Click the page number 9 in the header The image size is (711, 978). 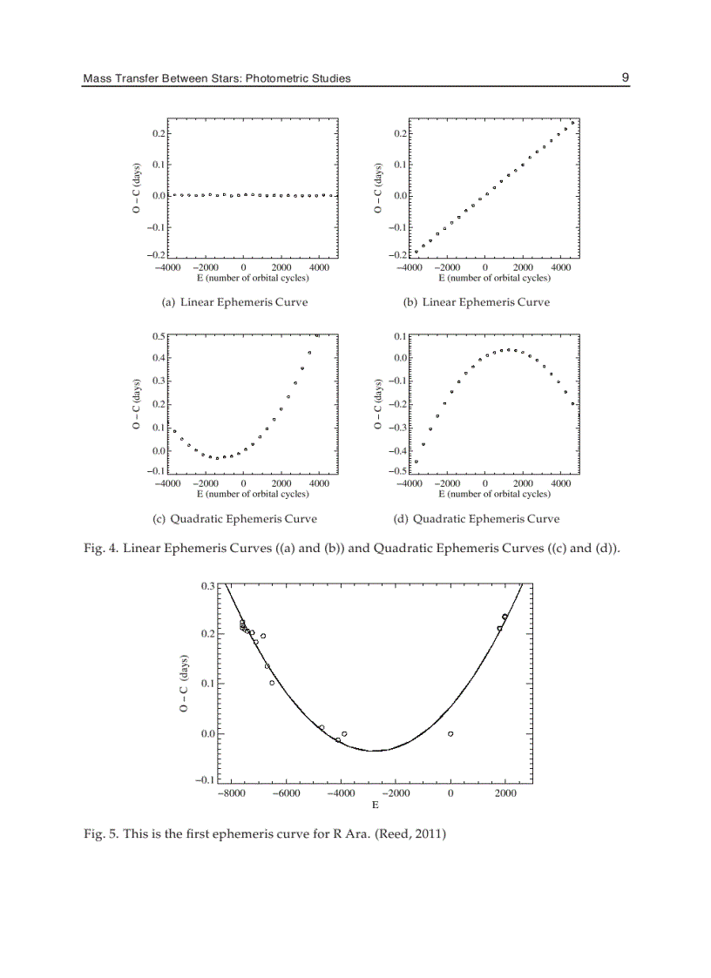[x=625, y=78]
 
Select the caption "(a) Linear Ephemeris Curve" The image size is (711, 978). [x=230, y=302]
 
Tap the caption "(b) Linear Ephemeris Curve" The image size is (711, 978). [x=473, y=302]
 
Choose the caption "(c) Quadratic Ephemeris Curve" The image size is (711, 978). [x=234, y=519]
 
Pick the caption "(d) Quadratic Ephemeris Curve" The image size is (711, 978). [x=477, y=519]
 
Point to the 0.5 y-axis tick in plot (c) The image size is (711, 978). [x=159, y=335]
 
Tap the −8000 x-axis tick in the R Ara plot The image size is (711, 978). [x=231, y=793]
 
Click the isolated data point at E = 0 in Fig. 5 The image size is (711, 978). [x=450, y=734]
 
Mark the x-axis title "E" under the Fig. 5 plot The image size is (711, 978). [x=376, y=806]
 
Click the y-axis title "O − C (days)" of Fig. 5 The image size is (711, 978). [x=185, y=684]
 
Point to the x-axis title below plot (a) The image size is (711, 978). [x=252, y=278]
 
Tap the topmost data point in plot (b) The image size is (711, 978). [x=572, y=123]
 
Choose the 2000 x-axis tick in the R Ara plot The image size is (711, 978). [x=504, y=793]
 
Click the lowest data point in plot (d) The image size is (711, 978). [x=416, y=462]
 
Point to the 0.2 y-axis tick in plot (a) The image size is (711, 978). [x=159, y=133]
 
